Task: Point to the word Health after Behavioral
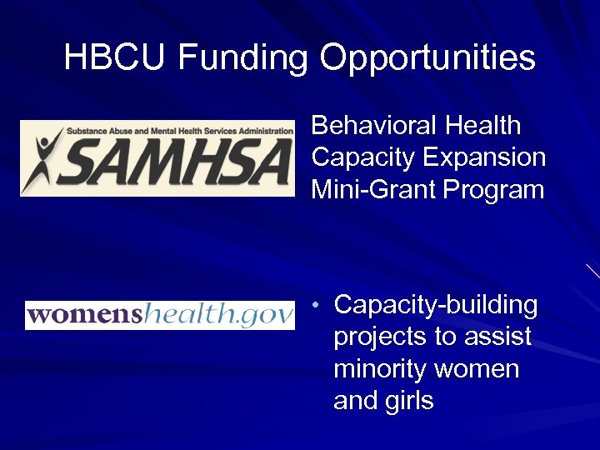coord(483,126)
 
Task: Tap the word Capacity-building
coord(436,306)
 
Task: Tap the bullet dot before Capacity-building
coord(317,306)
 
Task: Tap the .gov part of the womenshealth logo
coord(266,315)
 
